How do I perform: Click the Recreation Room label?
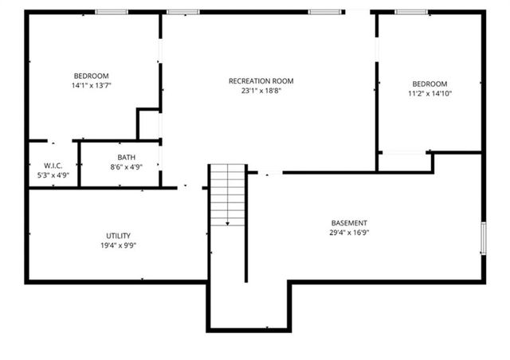tap(261, 80)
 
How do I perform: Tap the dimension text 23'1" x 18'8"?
tap(261, 91)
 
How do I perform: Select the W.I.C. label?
tap(53, 165)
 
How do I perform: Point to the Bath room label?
tap(126, 157)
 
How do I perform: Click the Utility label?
tap(118, 236)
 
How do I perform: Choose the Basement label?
tap(349, 222)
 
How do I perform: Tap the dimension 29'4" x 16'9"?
tap(349, 233)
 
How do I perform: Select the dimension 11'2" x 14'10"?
tap(430, 94)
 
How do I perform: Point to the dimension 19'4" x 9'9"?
tap(118, 246)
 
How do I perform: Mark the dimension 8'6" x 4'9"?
tap(126, 167)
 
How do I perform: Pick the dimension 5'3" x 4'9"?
tap(53, 174)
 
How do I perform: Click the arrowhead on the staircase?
tap(227, 224)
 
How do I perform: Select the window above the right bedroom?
tap(411, 12)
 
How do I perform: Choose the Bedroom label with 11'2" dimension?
tap(430, 84)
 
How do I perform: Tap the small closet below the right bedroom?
tap(404, 162)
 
